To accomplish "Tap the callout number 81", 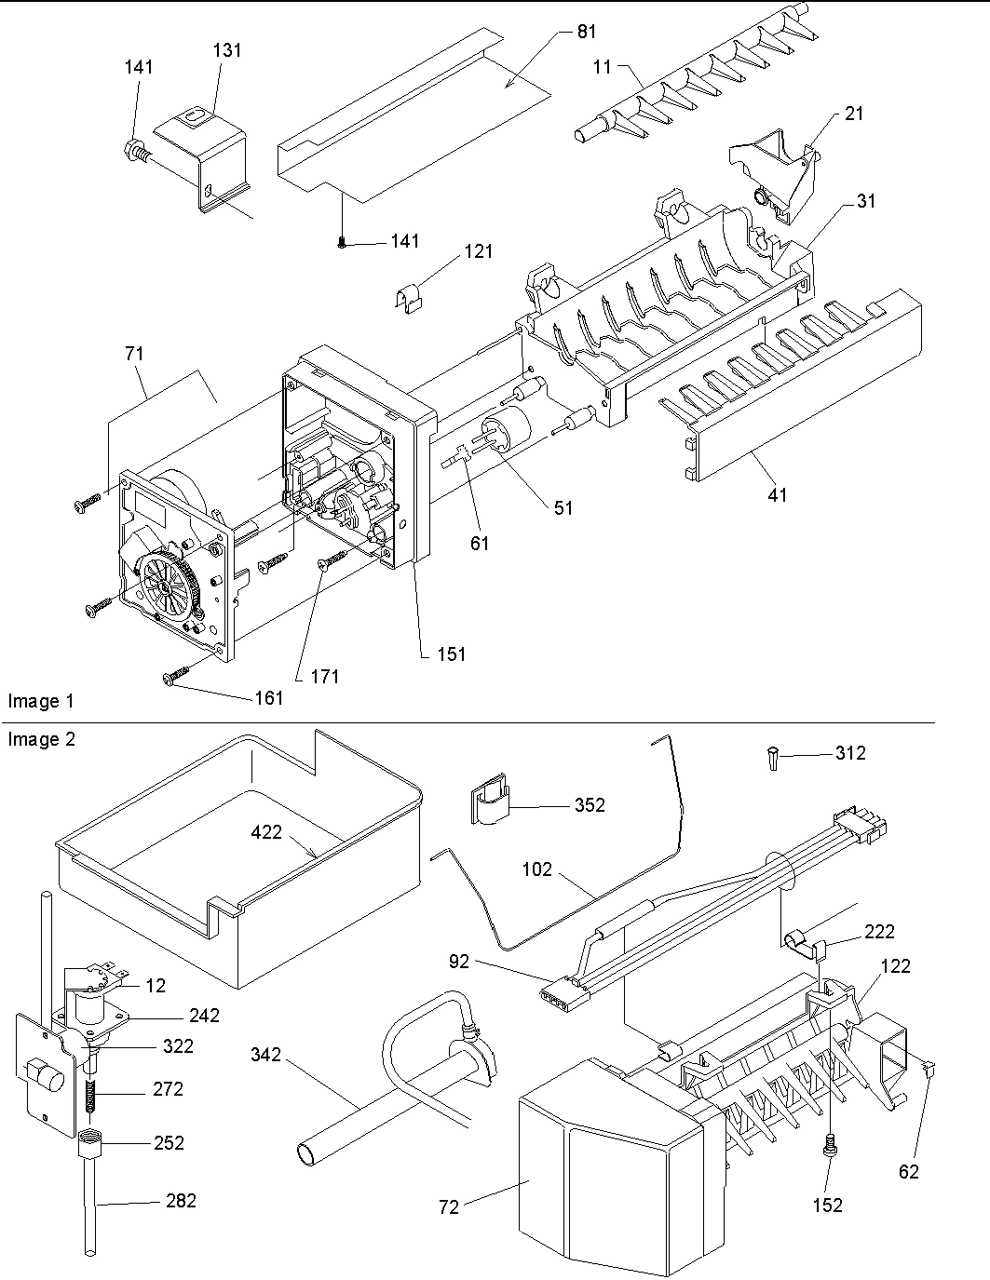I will [586, 32].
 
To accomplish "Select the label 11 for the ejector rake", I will [603, 67].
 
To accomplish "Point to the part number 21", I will [853, 114].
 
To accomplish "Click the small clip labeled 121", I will [407, 300].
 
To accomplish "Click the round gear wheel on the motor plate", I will [164, 584].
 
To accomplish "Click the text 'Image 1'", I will [40, 701].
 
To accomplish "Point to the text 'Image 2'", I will [40, 739].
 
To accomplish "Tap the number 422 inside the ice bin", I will [266, 832].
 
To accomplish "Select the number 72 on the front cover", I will [449, 1206].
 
